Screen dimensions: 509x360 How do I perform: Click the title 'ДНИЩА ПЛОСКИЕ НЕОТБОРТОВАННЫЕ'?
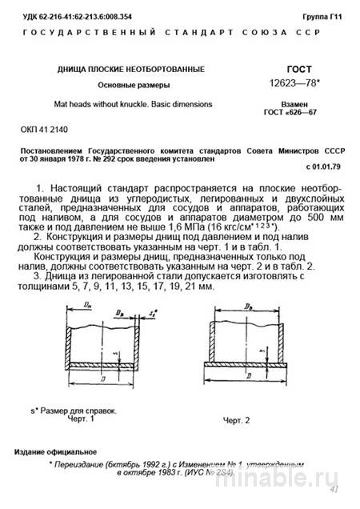point(130,70)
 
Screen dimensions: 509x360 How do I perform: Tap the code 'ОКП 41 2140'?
point(46,129)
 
